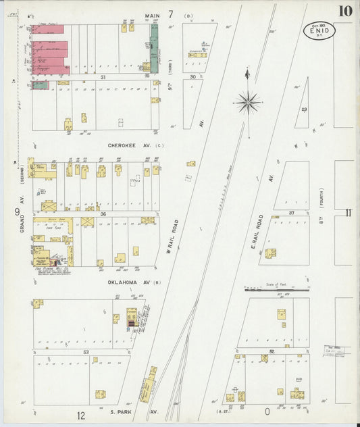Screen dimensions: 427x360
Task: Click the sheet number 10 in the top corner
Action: tap(345, 10)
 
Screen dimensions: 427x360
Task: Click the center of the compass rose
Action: tap(247, 103)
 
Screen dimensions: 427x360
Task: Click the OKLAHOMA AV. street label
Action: tap(126, 282)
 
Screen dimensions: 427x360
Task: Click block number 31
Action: tap(103, 77)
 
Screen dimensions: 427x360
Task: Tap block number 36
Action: tap(103, 214)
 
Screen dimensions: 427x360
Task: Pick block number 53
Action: tap(86, 352)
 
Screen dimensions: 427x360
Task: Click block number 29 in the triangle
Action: tap(304, 109)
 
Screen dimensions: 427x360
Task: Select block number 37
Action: tap(292, 212)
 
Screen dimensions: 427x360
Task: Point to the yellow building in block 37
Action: tap(270, 253)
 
